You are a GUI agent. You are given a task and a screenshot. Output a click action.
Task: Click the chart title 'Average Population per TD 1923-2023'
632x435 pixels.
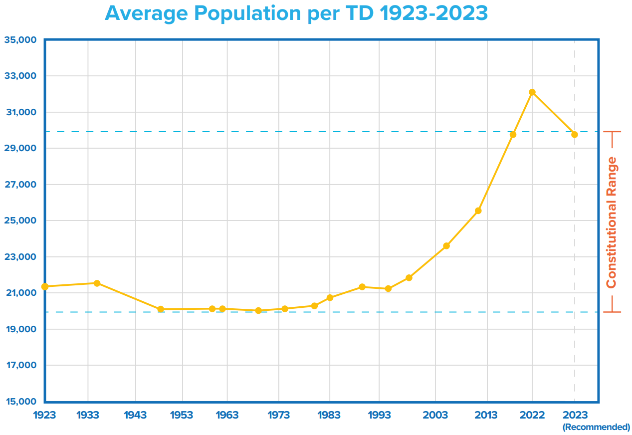pyautogui.click(x=296, y=13)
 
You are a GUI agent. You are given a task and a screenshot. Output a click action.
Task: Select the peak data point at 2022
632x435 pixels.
pyautogui.click(x=532, y=92)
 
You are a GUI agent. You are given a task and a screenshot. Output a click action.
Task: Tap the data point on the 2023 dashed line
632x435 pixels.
pyautogui.click(x=575, y=135)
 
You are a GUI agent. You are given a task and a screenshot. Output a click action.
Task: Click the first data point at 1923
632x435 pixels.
pyautogui.click(x=45, y=286)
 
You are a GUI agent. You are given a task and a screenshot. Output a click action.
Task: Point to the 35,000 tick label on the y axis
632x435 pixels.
pyautogui.click(x=20, y=40)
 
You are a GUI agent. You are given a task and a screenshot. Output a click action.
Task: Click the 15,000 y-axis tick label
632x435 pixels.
pyautogui.click(x=20, y=402)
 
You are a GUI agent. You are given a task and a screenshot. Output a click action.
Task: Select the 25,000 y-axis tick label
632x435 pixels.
pyautogui.click(x=20, y=220)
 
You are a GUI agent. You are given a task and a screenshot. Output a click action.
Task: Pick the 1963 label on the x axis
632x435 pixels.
pyautogui.click(x=227, y=415)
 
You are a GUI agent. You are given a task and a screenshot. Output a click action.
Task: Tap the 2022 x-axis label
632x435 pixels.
pyautogui.click(x=532, y=415)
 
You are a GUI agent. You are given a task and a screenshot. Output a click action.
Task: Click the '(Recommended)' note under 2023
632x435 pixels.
pyautogui.click(x=596, y=427)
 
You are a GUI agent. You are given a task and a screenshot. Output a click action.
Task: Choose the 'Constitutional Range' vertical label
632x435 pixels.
pyautogui.click(x=612, y=222)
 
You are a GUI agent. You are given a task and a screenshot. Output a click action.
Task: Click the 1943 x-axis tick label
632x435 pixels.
pyautogui.click(x=136, y=415)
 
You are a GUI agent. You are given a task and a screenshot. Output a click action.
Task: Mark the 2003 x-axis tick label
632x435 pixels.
pyautogui.click(x=435, y=415)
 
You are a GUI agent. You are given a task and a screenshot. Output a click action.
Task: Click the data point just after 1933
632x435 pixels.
pyautogui.click(x=97, y=283)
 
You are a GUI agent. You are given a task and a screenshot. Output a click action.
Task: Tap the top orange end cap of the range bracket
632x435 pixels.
pyautogui.click(x=612, y=132)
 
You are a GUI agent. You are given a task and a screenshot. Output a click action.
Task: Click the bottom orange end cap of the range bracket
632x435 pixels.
pyautogui.click(x=612, y=312)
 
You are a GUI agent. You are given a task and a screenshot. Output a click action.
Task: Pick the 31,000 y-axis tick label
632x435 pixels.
pyautogui.click(x=20, y=112)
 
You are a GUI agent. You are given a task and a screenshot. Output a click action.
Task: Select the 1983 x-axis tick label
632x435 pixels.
pyautogui.click(x=329, y=415)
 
